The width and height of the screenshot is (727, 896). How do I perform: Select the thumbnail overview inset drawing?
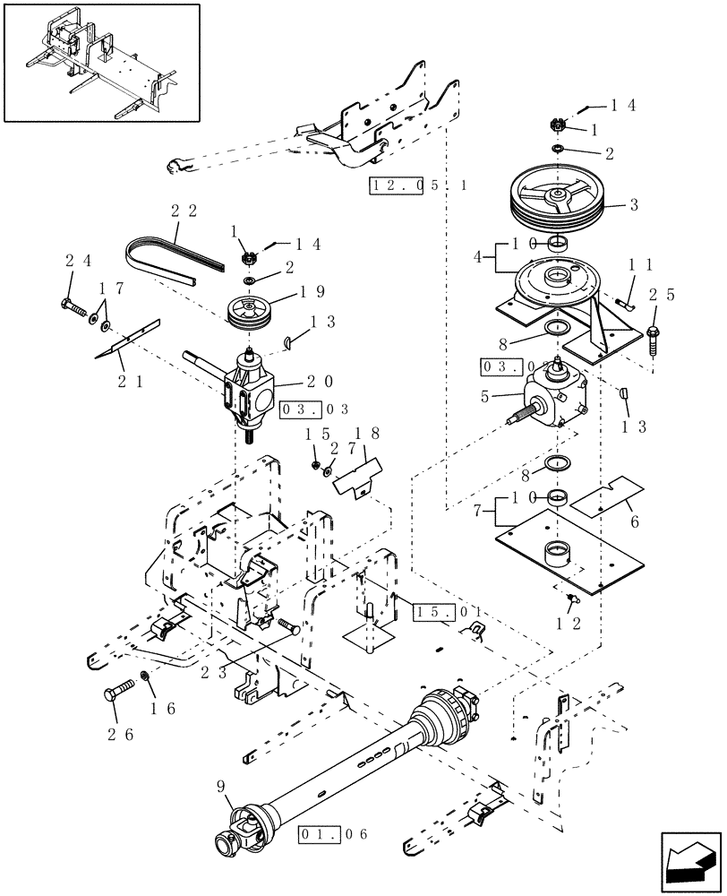[x=101, y=62]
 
